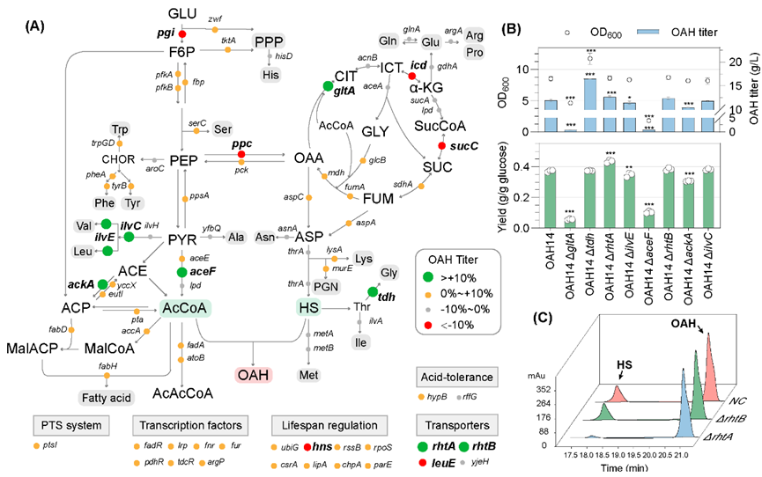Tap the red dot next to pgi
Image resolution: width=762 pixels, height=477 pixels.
pyautogui.click(x=182, y=34)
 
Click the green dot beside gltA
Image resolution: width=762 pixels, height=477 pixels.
pyautogui.click(x=328, y=85)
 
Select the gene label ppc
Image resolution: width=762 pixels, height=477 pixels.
pyautogui.click(x=242, y=142)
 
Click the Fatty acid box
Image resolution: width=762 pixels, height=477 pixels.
pyautogui.click(x=107, y=372)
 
